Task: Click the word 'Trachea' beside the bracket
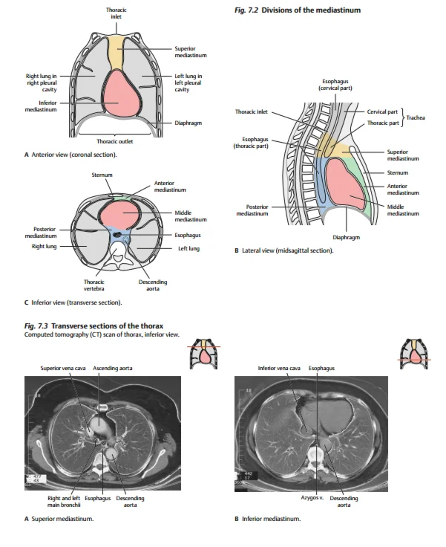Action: click(416, 117)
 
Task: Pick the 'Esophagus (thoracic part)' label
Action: click(255, 141)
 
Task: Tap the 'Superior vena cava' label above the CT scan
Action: click(66, 368)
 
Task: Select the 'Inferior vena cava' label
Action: click(279, 368)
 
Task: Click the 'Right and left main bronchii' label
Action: click(63, 501)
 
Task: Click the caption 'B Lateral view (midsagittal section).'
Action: click(283, 250)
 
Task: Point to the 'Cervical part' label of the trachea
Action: click(382, 111)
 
